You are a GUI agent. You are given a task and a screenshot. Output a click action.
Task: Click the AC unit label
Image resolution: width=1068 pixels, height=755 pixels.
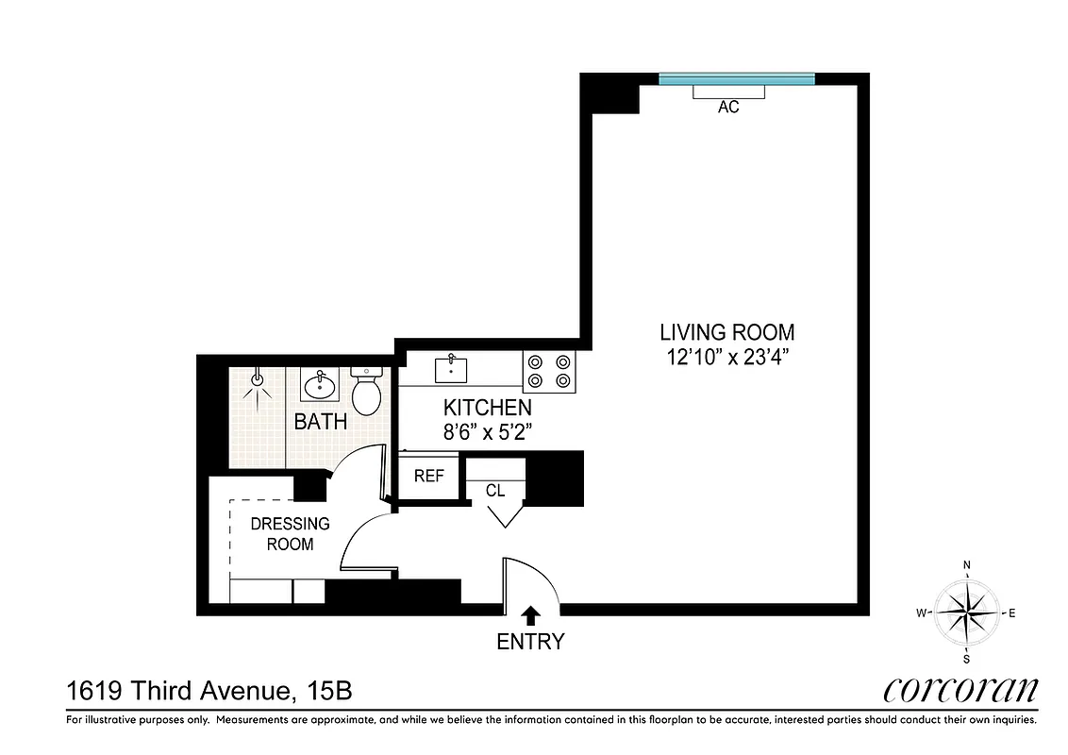point(727,108)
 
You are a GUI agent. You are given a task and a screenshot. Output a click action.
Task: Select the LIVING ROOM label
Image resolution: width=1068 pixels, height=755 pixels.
point(726,332)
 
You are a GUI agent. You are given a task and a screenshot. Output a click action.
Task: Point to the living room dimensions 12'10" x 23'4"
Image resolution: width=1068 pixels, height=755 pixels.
point(726,358)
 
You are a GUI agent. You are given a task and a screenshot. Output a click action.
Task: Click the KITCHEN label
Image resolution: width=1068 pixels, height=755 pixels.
point(488,409)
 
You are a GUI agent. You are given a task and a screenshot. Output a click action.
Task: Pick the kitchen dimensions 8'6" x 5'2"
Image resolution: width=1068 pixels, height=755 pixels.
point(488,433)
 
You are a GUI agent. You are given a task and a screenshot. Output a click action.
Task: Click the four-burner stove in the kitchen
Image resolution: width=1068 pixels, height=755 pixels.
point(550,371)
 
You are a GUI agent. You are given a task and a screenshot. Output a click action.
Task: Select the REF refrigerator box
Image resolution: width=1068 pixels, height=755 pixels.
point(429,477)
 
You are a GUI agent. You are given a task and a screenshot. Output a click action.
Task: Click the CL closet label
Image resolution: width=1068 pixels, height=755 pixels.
point(495,491)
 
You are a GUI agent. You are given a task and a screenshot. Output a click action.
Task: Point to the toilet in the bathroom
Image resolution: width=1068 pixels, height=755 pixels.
point(365,390)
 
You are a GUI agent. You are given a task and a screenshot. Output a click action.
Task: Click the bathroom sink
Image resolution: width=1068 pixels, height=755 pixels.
point(320,385)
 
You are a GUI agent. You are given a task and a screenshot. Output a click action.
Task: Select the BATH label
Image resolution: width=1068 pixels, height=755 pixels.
point(320,422)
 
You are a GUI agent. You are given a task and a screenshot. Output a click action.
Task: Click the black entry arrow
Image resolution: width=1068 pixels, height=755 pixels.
point(530,616)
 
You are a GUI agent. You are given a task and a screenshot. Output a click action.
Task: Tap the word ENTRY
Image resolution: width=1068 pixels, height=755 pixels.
point(530,643)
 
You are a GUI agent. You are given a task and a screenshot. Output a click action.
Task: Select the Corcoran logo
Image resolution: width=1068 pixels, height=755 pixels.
point(960,690)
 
